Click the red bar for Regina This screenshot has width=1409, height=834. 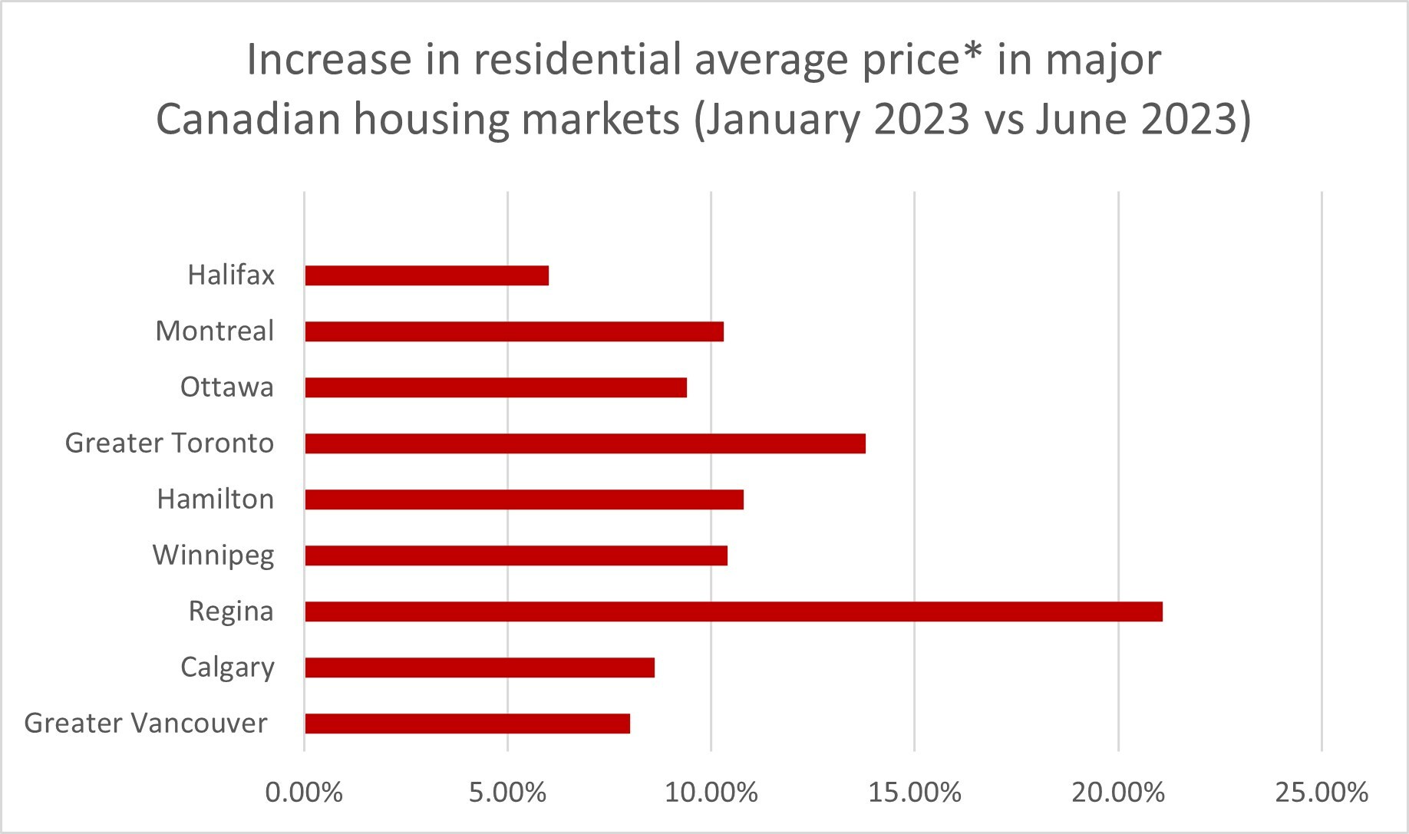(x=733, y=611)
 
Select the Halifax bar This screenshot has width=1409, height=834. (x=427, y=275)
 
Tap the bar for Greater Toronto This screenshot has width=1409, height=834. (x=585, y=443)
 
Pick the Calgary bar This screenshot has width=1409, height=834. (x=480, y=668)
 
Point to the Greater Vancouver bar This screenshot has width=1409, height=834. (x=467, y=724)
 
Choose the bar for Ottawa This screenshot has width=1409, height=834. (x=496, y=387)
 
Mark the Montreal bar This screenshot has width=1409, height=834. (x=514, y=331)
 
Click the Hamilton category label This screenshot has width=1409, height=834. (x=216, y=499)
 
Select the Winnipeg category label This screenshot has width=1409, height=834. (x=213, y=555)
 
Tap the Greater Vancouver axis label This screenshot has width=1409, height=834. (x=146, y=724)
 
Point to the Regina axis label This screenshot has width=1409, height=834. (x=231, y=611)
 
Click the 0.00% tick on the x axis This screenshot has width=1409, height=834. (x=304, y=793)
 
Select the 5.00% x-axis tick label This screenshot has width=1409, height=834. (x=508, y=793)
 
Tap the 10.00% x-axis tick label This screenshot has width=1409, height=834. (x=711, y=793)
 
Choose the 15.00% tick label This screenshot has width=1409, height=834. (x=915, y=793)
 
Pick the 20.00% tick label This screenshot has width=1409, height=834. (x=1118, y=793)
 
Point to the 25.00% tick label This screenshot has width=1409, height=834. (x=1322, y=793)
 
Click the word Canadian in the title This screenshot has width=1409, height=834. (x=248, y=120)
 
